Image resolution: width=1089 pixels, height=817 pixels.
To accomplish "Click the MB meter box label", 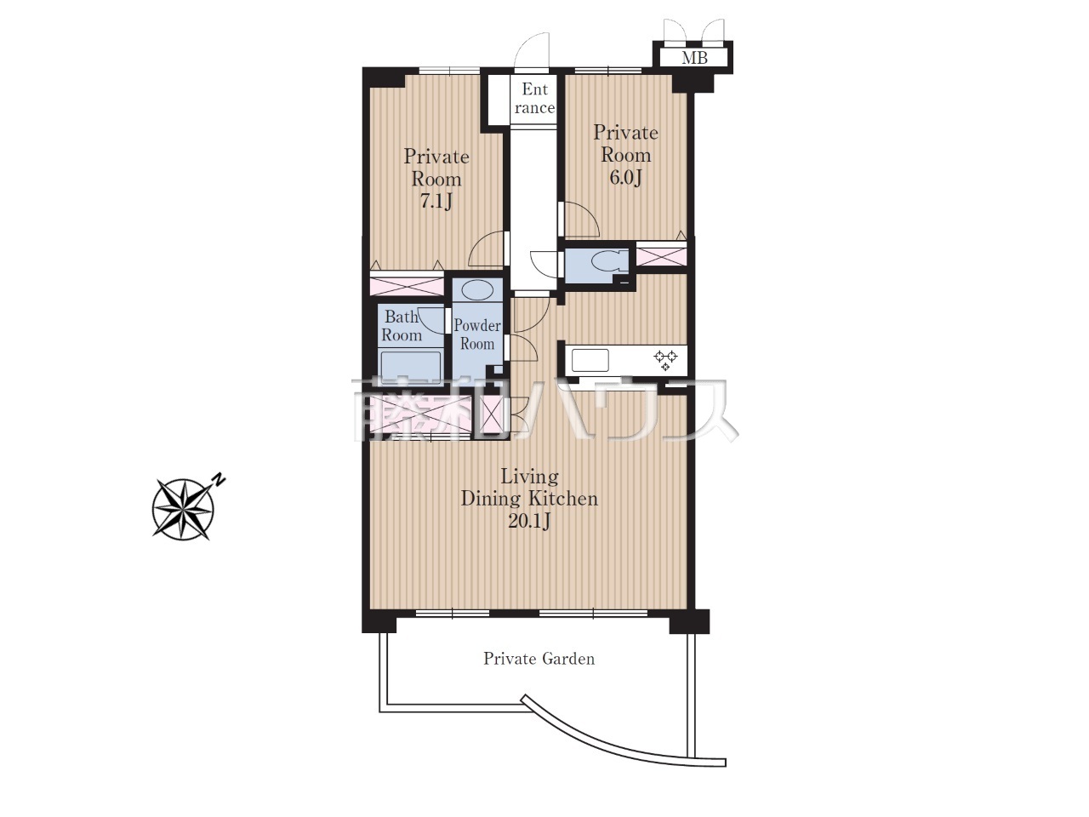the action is [x=694, y=58].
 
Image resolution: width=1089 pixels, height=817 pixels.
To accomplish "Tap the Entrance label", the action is [x=534, y=98].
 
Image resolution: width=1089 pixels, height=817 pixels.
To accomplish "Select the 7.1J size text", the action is [x=436, y=202].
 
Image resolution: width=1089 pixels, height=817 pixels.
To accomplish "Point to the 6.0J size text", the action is [x=625, y=177].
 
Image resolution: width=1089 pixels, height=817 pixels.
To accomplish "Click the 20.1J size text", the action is [x=529, y=521].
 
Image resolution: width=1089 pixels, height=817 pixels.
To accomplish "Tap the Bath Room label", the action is [x=402, y=325].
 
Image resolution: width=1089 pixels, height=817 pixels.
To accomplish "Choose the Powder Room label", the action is [x=477, y=334].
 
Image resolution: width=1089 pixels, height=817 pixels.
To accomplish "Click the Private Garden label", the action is [x=539, y=659].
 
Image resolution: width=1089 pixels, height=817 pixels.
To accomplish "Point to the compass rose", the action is [x=184, y=509].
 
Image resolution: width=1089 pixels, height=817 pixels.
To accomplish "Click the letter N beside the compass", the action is [x=219, y=480].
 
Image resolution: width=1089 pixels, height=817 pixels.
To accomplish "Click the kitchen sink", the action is [x=590, y=360].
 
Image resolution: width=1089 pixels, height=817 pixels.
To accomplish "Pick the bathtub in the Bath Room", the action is [x=410, y=367].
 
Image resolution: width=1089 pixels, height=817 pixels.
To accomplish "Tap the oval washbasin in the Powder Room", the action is [x=477, y=289].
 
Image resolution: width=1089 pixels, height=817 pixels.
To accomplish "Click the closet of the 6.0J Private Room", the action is [x=661, y=256].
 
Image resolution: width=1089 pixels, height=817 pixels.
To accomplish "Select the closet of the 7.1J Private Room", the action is [x=407, y=286].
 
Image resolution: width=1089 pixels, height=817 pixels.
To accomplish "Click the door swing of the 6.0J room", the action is [x=581, y=220].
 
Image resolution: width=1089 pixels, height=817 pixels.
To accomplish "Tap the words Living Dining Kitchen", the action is [x=529, y=488].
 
